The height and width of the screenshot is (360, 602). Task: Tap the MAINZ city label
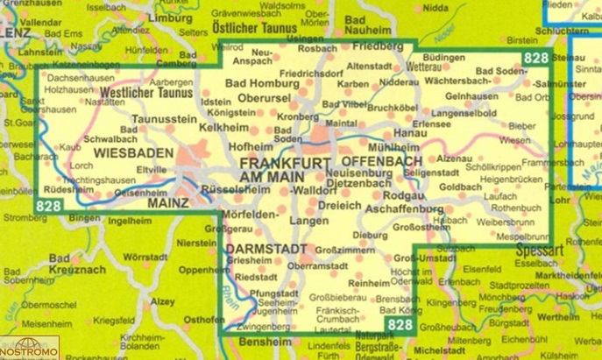pos(164,202)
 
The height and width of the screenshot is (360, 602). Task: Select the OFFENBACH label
pos(381,161)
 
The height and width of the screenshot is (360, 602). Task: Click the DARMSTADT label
pos(253,249)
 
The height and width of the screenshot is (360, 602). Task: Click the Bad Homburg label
pos(257,84)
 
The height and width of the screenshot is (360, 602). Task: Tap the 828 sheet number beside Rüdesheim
pos(50,206)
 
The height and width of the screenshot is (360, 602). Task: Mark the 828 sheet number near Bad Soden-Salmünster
pos(535,58)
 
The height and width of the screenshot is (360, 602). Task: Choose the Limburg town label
pos(167,18)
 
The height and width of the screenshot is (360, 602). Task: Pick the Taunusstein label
pos(164,117)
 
